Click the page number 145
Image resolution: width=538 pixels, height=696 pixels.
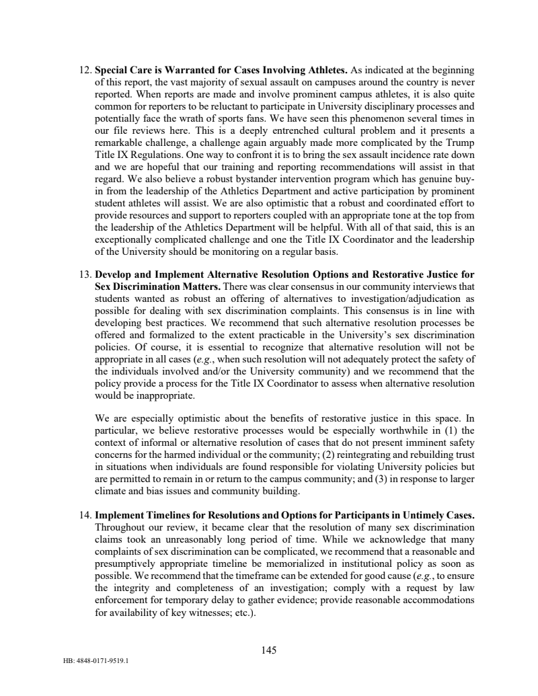point(269,650)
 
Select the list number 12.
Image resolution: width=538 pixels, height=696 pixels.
point(85,70)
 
